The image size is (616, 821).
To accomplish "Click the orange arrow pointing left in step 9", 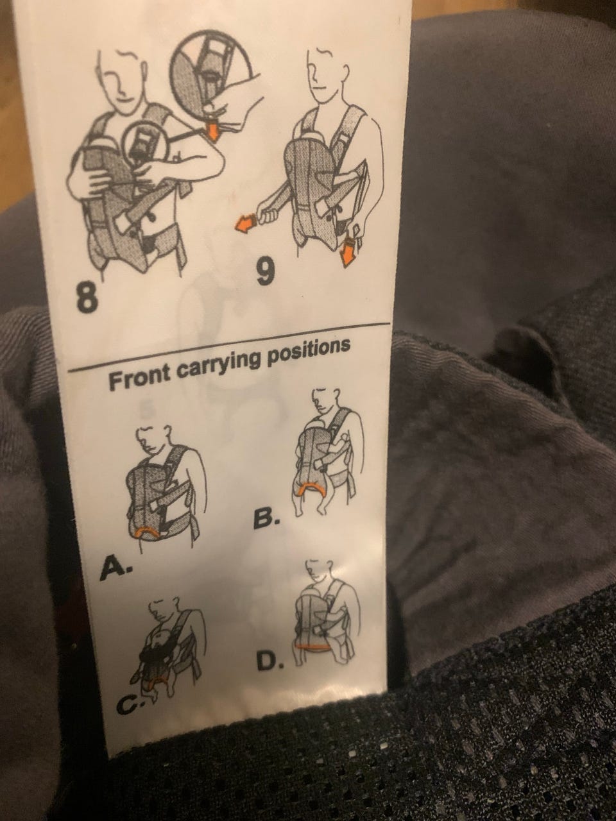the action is click(244, 224).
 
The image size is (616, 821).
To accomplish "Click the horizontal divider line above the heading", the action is click(228, 347).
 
